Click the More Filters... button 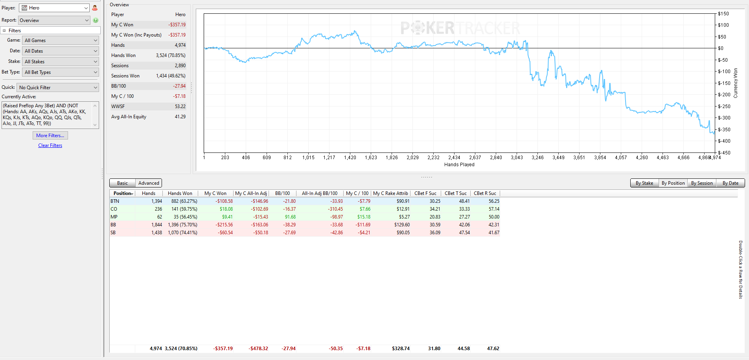point(50,136)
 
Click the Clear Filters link point(50,145)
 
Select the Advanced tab point(149,183)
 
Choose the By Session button point(702,183)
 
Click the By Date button point(731,183)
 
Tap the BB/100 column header point(282,193)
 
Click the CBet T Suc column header point(456,193)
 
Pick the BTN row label point(115,201)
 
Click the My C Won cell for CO point(226,209)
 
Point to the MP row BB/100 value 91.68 point(290,217)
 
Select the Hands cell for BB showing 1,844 point(156,225)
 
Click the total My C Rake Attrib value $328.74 point(401,349)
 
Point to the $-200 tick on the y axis point(724,95)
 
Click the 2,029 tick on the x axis point(412,158)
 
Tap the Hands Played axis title point(459,165)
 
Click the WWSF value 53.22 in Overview point(180,107)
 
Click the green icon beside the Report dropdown point(96,20)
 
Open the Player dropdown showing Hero point(55,8)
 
